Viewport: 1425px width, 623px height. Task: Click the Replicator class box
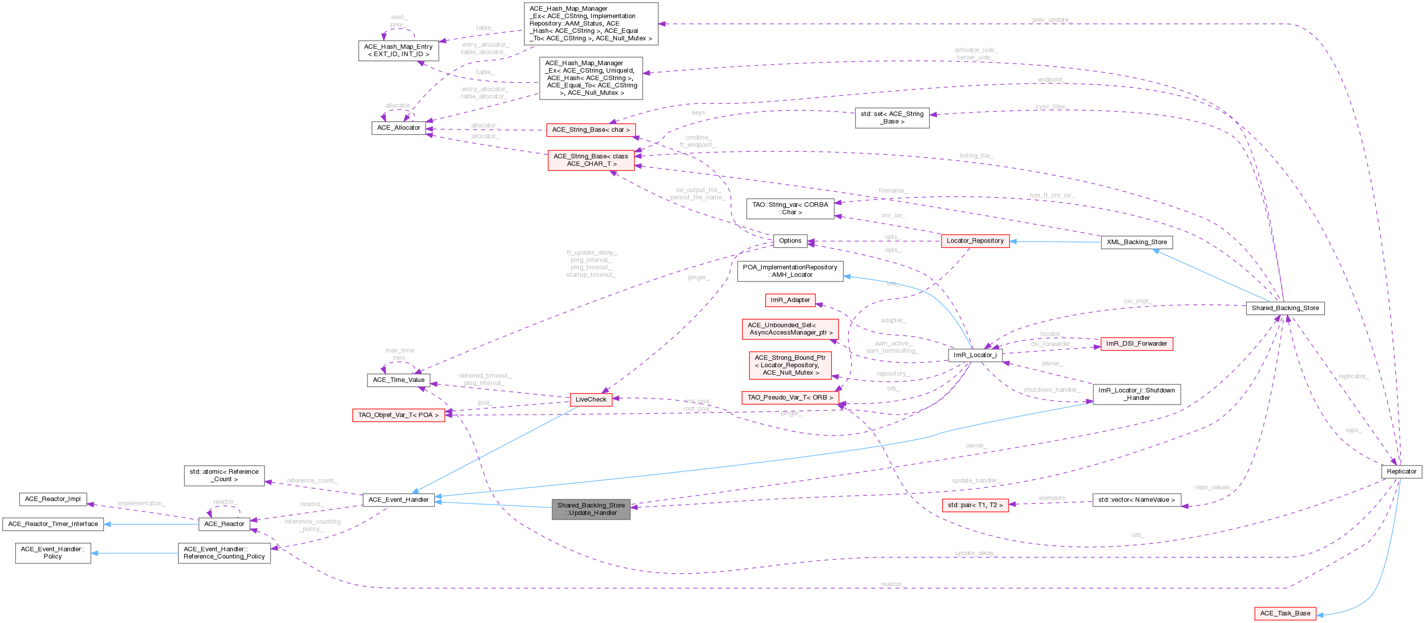tap(1401, 472)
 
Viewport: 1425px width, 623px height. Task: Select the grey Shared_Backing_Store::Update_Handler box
tap(591, 509)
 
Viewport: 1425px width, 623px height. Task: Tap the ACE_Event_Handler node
tap(398, 500)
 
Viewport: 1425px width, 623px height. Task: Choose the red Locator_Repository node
tap(975, 241)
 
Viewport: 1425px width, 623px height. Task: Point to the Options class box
tap(789, 241)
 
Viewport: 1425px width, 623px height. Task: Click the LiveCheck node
tap(591, 399)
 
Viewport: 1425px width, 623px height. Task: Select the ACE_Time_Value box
tap(398, 380)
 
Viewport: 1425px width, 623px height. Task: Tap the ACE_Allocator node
tap(398, 128)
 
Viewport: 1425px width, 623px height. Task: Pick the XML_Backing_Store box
tap(1136, 242)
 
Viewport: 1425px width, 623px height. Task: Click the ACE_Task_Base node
tap(1285, 613)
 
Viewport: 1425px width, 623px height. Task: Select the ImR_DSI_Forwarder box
tap(1136, 344)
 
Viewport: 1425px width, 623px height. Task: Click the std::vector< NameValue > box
tap(1136, 500)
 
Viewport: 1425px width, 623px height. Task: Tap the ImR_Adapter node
tap(789, 300)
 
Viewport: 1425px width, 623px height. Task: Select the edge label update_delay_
tap(975, 553)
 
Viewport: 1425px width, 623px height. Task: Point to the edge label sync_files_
tap(1050, 106)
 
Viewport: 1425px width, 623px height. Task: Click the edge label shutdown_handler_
tap(1051, 390)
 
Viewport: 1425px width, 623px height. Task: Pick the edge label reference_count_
tap(312, 481)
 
